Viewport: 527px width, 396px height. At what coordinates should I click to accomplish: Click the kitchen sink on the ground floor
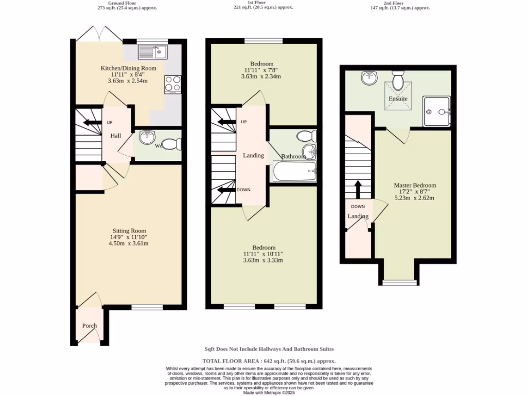coord(153,52)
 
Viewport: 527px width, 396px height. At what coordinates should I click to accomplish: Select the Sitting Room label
coord(130,231)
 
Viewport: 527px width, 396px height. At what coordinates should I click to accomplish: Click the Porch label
coord(90,326)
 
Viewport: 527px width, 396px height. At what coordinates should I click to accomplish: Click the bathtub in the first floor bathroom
coord(294,172)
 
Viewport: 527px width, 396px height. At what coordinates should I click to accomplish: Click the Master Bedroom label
coord(415,186)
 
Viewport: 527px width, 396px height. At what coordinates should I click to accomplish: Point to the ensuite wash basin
coord(369,78)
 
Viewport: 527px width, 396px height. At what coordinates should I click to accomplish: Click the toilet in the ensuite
coord(398,81)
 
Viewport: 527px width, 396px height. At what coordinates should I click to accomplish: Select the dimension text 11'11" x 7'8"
coord(263,71)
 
